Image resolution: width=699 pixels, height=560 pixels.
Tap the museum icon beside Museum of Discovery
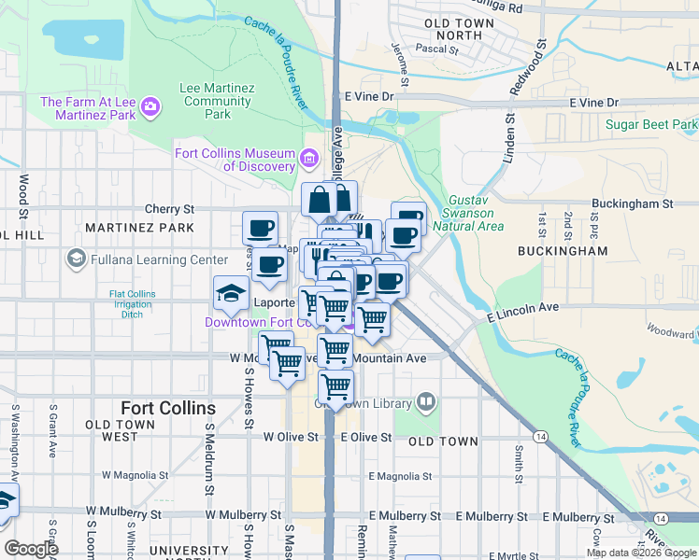(x=310, y=160)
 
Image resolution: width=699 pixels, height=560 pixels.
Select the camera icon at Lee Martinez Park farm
(x=150, y=108)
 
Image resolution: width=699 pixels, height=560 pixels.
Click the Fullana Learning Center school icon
(x=77, y=259)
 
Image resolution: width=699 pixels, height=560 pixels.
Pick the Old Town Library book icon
(x=426, y=401)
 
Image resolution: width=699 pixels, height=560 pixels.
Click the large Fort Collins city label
(x=168, y=409)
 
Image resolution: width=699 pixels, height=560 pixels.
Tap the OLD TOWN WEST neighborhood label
(x=120, y=430)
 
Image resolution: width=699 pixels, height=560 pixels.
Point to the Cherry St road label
(x=169, y=209)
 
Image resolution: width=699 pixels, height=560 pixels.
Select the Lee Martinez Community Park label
(x=217, y=101)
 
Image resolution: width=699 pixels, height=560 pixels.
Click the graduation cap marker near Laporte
(x=231, y=294)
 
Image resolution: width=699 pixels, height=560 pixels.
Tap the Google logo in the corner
(x=31, y=549)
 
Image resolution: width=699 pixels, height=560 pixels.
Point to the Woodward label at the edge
(x=671, y=330)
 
